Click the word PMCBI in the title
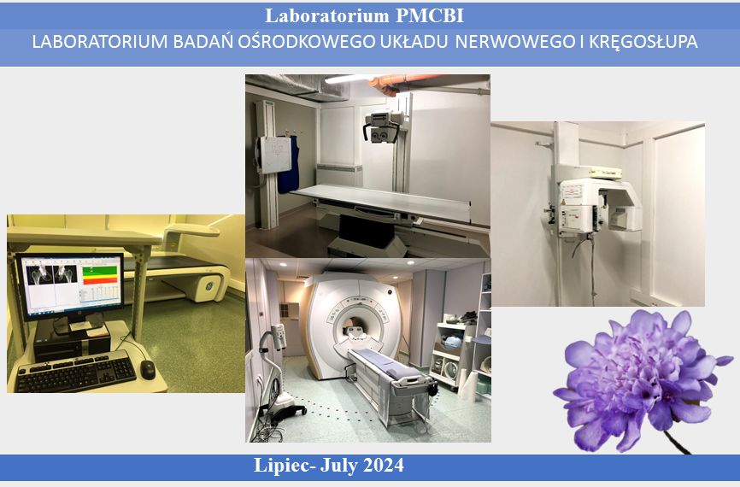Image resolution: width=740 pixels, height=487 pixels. click(430, 15)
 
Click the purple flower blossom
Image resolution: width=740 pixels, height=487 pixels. click(643, 378)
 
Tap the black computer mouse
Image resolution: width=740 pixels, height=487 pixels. click(148, 369)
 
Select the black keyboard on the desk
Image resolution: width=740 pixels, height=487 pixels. click(76, 372)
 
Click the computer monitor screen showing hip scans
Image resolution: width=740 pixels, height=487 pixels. click(70, 286)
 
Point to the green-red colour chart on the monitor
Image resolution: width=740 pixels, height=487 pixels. click(100, 276)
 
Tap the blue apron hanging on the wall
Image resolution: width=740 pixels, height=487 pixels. click(288, 164)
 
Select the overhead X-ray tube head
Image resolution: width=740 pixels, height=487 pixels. click(382, 126)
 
